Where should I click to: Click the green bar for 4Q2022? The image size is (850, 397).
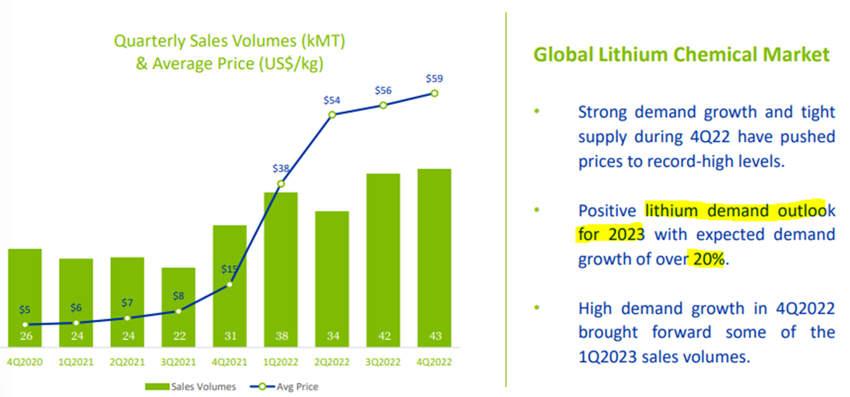(434, 253)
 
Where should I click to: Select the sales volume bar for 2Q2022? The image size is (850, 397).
(332, 272)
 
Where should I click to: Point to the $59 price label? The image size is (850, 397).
(434, 79)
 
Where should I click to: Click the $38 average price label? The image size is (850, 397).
(281, 169)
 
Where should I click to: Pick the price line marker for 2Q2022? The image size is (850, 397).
(332, 114)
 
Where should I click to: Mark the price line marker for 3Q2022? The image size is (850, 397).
(383, 105)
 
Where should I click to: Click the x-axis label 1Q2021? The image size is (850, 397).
(76, 362)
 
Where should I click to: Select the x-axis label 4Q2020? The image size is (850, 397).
(25, 362)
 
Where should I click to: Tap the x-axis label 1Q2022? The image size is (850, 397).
(281, 362)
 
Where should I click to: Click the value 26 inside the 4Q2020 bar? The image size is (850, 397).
(25, 336)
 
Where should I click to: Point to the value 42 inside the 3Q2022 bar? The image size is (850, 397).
(383, 336)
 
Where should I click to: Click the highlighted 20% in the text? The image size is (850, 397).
(708, 259)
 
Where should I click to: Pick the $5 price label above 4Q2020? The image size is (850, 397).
(25, 310)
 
